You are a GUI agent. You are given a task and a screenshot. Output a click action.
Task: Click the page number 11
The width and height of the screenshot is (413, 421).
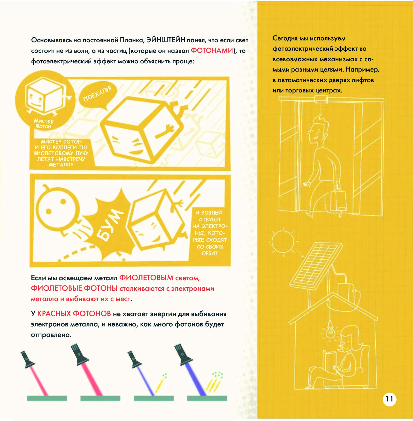coord(390,399)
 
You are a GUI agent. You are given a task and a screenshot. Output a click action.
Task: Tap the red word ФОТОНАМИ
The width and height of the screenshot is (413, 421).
coord(212,50)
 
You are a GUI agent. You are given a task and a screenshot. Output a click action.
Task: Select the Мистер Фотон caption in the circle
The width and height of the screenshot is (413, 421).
coord(44,124)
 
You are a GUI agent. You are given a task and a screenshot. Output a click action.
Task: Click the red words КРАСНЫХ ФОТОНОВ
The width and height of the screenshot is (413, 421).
coord(74,314)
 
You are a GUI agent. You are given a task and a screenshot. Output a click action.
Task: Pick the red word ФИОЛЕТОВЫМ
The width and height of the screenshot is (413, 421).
coord(146,278)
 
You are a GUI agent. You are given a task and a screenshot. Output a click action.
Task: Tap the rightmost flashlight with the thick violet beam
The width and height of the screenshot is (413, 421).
coord(184,354)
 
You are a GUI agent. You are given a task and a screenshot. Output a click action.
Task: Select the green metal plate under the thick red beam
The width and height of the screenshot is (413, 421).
coord(100,398)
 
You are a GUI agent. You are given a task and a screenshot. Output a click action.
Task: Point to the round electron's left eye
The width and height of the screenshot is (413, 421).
coord(49,211)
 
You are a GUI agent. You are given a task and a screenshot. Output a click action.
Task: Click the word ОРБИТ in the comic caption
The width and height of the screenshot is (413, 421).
coord(210,253)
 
